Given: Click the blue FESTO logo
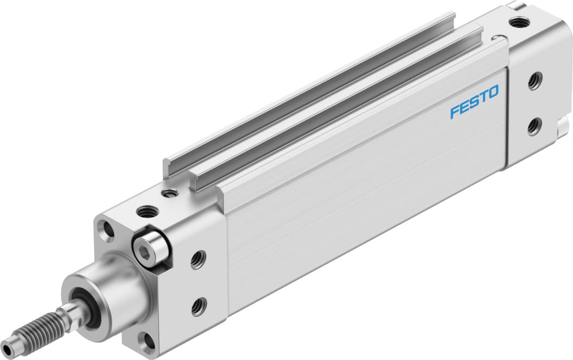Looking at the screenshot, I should [x=474, y=102].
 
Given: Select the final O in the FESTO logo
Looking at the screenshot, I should [x=493, y=93].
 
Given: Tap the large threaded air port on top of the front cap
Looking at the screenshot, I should [x=147, y=211].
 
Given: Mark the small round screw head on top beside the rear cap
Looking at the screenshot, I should [x=495, y=38].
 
